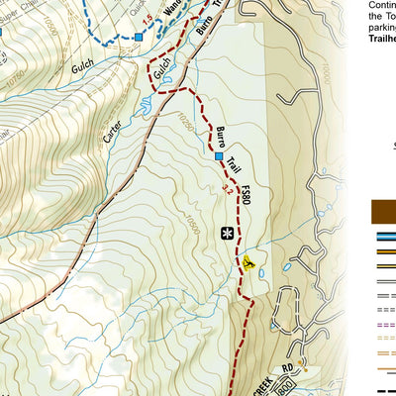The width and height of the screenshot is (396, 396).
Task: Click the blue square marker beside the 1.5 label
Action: click(138, 36)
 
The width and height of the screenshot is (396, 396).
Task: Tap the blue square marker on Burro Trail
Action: click(219, 155)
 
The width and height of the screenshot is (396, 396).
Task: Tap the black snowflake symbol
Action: click(228, 234)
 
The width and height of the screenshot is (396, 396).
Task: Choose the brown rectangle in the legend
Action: click(383, 211)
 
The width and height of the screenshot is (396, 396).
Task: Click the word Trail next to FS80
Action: click(233, 163)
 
